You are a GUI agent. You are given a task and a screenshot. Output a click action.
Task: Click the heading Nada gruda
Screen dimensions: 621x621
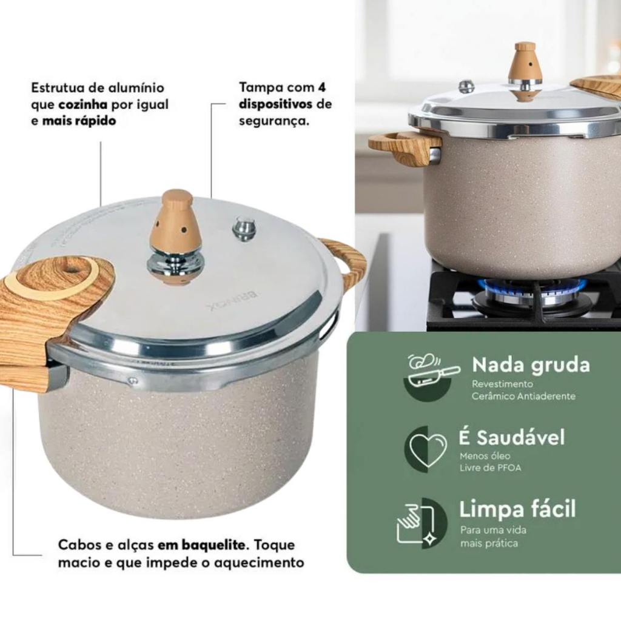(531, 365)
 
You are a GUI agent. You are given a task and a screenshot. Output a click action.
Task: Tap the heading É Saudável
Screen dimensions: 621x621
(511, 437)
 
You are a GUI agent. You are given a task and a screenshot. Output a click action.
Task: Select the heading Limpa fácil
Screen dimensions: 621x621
(517, 509)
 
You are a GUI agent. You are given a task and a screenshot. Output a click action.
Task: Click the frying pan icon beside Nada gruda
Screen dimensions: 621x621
(432, 372)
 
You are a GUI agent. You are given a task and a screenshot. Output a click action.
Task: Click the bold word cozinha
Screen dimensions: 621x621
(83, 104)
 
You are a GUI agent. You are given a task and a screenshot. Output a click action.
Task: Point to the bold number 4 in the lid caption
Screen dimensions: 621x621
(321, 87)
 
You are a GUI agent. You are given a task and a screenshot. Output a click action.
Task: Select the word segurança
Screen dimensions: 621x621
(274, 121)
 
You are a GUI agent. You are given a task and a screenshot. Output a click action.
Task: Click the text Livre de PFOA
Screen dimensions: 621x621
(490, 468)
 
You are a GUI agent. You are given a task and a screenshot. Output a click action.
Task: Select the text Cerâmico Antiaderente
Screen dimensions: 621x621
(523, 396)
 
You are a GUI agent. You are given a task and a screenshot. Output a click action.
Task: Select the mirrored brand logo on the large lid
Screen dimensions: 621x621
(233, 301)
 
